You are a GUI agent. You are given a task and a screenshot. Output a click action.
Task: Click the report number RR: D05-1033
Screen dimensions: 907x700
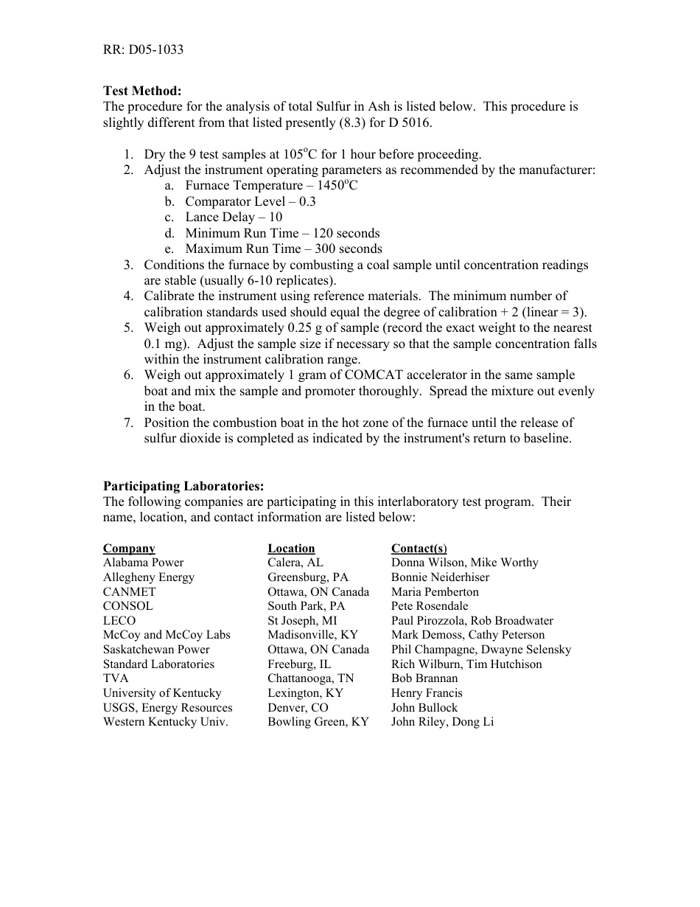point(143,50)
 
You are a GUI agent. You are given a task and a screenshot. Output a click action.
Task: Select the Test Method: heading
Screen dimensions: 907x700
point(141,91)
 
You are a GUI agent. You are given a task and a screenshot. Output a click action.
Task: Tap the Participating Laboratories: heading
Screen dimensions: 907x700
point(183,486)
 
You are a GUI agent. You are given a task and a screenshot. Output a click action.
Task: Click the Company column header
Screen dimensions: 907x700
point(129,549)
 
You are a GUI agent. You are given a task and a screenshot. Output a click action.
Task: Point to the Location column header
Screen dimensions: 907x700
point(291,549)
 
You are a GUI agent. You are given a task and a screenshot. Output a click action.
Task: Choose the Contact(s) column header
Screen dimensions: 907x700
point(419,549)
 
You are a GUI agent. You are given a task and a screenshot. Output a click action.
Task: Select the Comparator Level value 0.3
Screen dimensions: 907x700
point(307,201)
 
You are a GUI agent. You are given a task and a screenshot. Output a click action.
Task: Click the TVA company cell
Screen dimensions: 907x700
point(116,678)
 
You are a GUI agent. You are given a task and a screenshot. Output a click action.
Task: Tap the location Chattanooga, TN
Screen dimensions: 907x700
point(310,678)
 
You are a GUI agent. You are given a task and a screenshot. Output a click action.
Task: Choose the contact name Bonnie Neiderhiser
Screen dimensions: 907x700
point(440,577)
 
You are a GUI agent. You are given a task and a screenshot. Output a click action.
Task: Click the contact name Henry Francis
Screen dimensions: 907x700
point(427,693)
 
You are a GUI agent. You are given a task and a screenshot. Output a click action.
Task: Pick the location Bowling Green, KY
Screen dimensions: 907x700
point(318,722)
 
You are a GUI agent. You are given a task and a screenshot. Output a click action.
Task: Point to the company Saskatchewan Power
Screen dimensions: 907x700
point(156,650)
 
